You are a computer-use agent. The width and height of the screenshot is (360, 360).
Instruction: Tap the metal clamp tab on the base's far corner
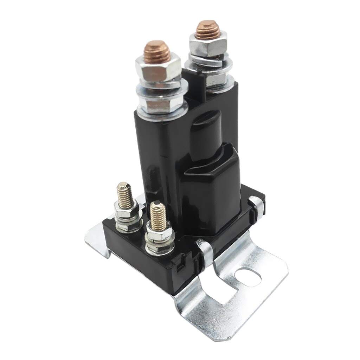tap(256, 206)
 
